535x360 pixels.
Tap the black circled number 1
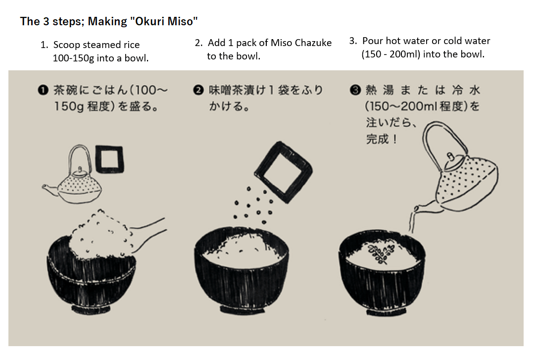tap(43, 90)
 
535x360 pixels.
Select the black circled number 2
tap(198, 90)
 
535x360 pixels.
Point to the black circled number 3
tap(355, 90)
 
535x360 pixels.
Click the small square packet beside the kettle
tap(109, 159)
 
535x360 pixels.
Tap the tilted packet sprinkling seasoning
tap(283, 172)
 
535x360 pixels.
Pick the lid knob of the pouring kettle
tap(450, 157)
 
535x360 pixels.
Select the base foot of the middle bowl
tap(242, 310)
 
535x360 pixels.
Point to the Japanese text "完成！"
tap(382, 139)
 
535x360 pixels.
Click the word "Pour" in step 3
tap(373, 41)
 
